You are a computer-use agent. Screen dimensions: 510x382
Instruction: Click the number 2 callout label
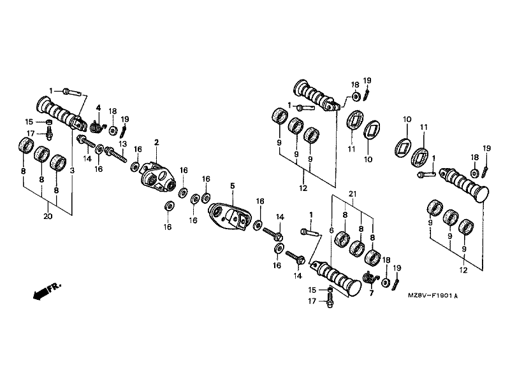[156, 143]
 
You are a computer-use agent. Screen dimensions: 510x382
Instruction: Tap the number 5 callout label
[232, 186]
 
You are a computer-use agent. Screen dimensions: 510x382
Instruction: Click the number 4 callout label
[98, 108]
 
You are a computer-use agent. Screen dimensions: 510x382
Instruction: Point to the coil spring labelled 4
[98, 126]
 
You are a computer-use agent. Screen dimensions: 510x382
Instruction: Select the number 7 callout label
[372, 294]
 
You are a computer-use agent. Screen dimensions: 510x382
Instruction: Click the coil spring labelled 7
[370, 278]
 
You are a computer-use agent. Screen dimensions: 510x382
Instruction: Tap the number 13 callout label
[122, 144]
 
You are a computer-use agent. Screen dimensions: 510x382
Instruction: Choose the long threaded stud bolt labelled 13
[115, 155]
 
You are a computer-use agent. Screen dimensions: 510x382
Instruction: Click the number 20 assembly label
[48, 216]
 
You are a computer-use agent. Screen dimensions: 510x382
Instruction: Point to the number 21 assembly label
[353, 194]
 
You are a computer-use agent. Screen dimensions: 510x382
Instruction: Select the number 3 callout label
[72, 170]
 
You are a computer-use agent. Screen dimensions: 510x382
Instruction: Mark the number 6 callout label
[331, 230]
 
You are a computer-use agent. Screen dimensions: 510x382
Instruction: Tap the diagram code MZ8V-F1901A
[433, 296]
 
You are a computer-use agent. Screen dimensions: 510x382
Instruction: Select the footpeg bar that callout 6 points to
[336, 278]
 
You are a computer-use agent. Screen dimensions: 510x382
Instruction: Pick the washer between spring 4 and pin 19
[113, 131]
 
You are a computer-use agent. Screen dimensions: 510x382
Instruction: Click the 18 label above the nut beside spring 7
[386, 260]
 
